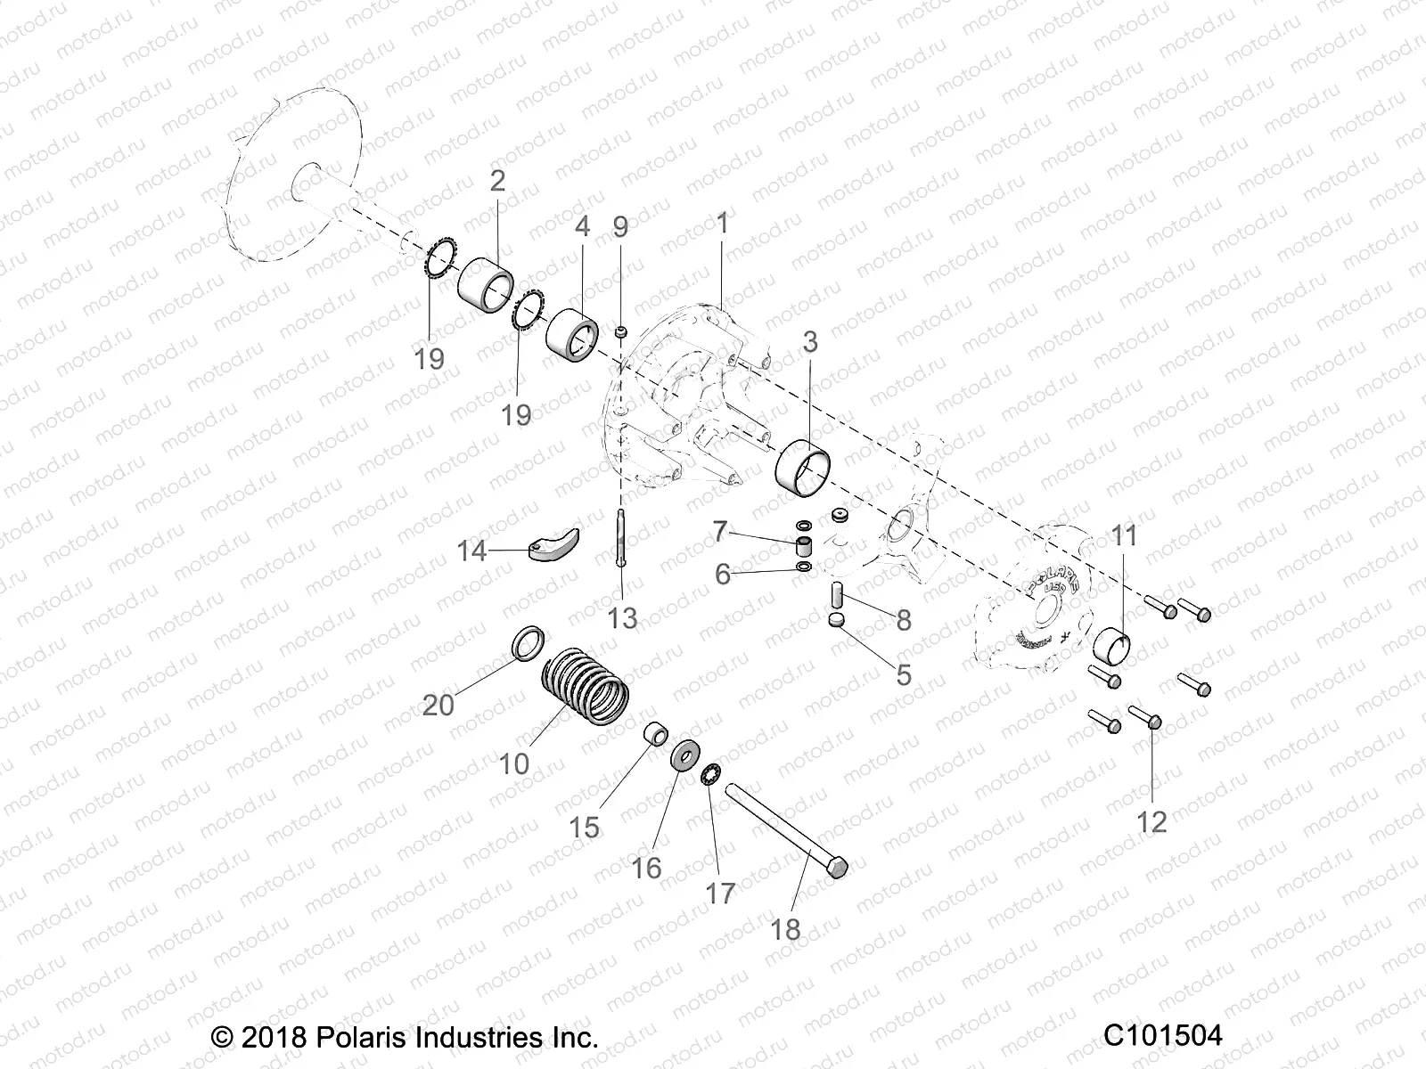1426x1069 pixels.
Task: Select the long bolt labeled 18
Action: click(784, 828)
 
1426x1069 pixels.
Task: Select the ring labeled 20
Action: click(529, 641)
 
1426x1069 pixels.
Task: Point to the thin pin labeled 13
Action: click(620, 545)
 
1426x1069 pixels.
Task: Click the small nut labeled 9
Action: click(621, 332)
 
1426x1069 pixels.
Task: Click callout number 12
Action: click(1151, 821)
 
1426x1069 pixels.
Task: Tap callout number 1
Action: click(722, 224)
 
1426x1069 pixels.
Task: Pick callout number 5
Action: click(903, 674)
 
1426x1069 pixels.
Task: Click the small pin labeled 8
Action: click(839, 592)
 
